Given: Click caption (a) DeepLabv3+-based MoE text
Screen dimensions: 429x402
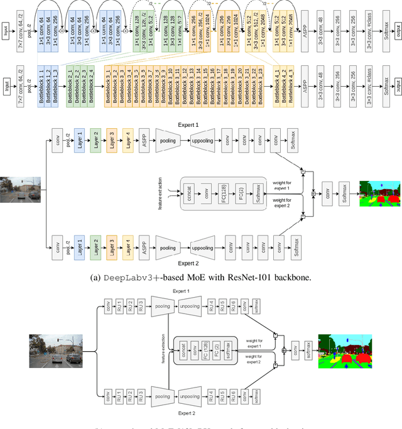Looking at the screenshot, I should tap(200, 278).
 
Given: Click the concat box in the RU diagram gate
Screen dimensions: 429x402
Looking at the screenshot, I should tap(182, 350).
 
